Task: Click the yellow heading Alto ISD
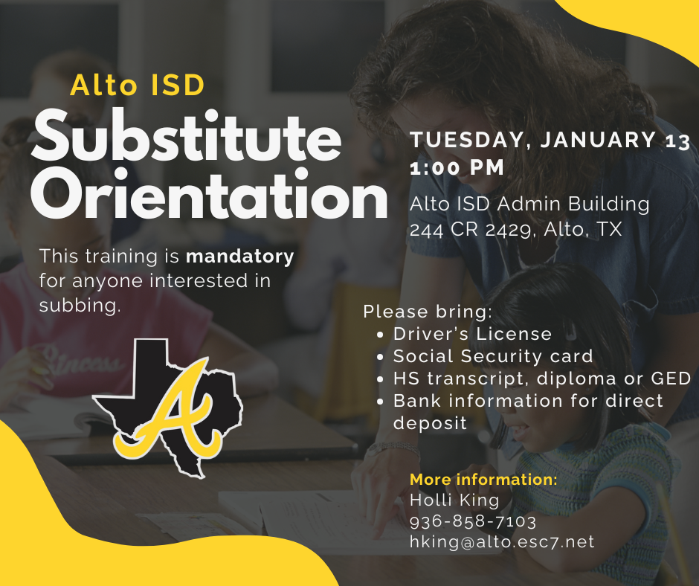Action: [137, 85]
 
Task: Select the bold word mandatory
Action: [239, 257]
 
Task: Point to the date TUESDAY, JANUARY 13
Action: [550, 141]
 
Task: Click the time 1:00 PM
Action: [457, 168]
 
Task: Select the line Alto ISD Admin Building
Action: [529, 204]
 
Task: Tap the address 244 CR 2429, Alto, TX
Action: [515, 229]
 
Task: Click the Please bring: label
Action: [428, 311]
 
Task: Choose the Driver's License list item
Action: [472, 334]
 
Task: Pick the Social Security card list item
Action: [493, 356]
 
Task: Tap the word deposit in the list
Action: [430, 423]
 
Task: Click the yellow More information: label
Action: [483, 479]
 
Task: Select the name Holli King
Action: [454, 500]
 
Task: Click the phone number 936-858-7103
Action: [473, 521]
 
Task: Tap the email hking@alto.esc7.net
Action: [502, 541]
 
